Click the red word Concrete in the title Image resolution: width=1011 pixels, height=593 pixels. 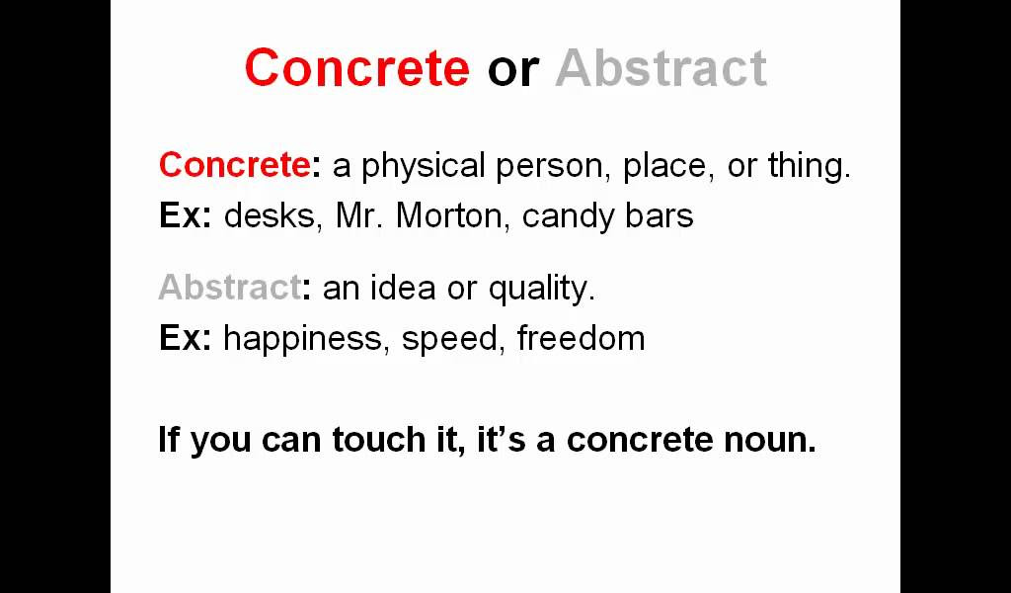[x=357, y=68]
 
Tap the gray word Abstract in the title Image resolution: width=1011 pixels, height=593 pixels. [x=661, y=68]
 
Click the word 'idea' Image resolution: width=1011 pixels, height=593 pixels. [x=403, y=288]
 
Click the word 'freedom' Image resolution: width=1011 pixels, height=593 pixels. [x=581, y=337]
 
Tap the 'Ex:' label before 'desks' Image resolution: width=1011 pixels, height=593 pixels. [x=185, y=216]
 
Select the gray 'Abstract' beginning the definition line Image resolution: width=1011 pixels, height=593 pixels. [x=229, y=288]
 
